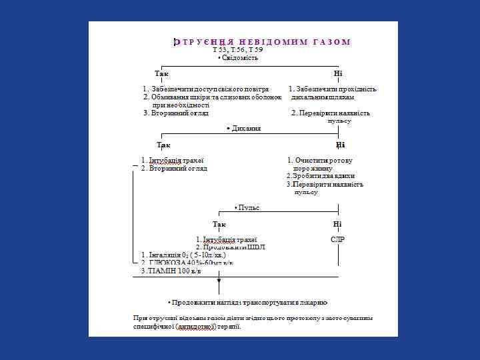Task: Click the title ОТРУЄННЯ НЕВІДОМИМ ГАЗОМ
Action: pyautogui.click(x=261, y=42)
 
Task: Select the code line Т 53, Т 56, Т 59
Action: pyautogui.click(x=237, y=50)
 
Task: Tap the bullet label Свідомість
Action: pyautogui.click(x=237, y=58)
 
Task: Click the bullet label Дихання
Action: pyautogui.click(x=243, y=128)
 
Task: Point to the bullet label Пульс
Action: pyautogui.click(x=247, y=208)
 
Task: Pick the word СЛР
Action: pyautogui.click(x=337, y=239)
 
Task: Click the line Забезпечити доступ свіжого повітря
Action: pyautogui.click(x=206, y=89)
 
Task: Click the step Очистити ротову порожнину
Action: pyautogui.click(x=320, y=164)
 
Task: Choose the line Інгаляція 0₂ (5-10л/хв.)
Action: pyautogui.click(x=184, y=255)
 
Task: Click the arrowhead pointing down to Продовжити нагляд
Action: pyautogui.click(x=219, y=289)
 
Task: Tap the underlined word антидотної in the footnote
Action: pyautogui.click(x=195, y=327)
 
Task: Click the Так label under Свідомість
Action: pyautogui.click(x=161, y=73)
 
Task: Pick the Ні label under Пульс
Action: pyautogui.click(x=337, y=224)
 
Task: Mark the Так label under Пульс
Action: pyautogui.click(x=219, y=224)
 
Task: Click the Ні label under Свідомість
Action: pyautogui.click(x=338, y=73)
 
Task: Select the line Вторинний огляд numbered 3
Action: pyautogui.click(x=167, y=113)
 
